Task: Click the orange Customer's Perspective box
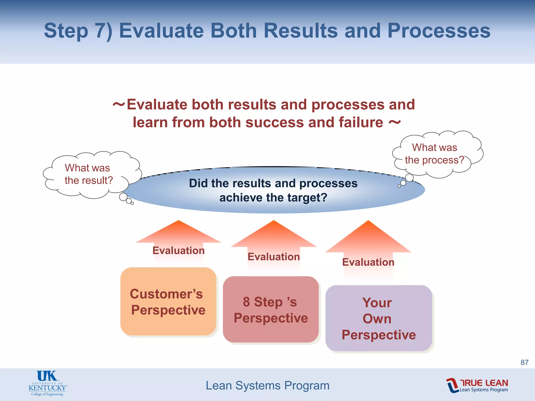click(x=168, y=302)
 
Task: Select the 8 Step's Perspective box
click(x=271, y=310)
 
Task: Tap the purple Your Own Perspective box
click(x=379, y=319)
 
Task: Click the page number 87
click(x=524, y=362)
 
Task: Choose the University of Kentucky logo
click(x=47, y=383)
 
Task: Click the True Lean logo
click(x=477, y=385)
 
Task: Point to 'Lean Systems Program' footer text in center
click(x=267, y=385)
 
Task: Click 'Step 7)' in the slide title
click(x=78, y=31)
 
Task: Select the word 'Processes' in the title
click(x=439, y=31)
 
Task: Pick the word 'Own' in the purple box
click(x=377, y=319)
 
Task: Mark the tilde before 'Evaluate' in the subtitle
click(x=119, y=104)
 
